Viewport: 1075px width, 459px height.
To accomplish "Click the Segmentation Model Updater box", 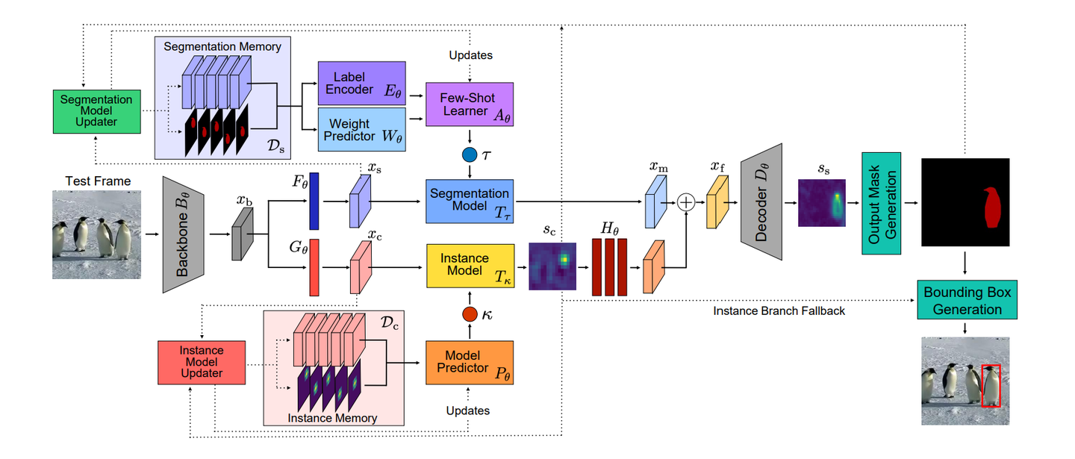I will [96, 110].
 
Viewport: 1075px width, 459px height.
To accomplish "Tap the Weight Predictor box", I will [361, 130].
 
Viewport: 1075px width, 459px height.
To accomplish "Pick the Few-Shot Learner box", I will [470, 105].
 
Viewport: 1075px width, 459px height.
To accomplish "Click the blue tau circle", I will [470, 155].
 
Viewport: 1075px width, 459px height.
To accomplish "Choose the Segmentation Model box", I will [470, 201].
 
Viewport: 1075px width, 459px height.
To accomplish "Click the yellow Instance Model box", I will [470, 266].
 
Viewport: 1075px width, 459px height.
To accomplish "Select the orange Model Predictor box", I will [470, 362].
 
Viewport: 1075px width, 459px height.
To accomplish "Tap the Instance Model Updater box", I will [202, 363].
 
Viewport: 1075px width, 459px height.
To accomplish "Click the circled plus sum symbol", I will [685, 202].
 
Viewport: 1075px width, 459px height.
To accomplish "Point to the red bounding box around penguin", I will [991, 385].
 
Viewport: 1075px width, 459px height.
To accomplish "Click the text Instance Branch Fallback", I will [779, 310].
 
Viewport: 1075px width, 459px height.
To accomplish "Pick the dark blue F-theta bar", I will [314, 201].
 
